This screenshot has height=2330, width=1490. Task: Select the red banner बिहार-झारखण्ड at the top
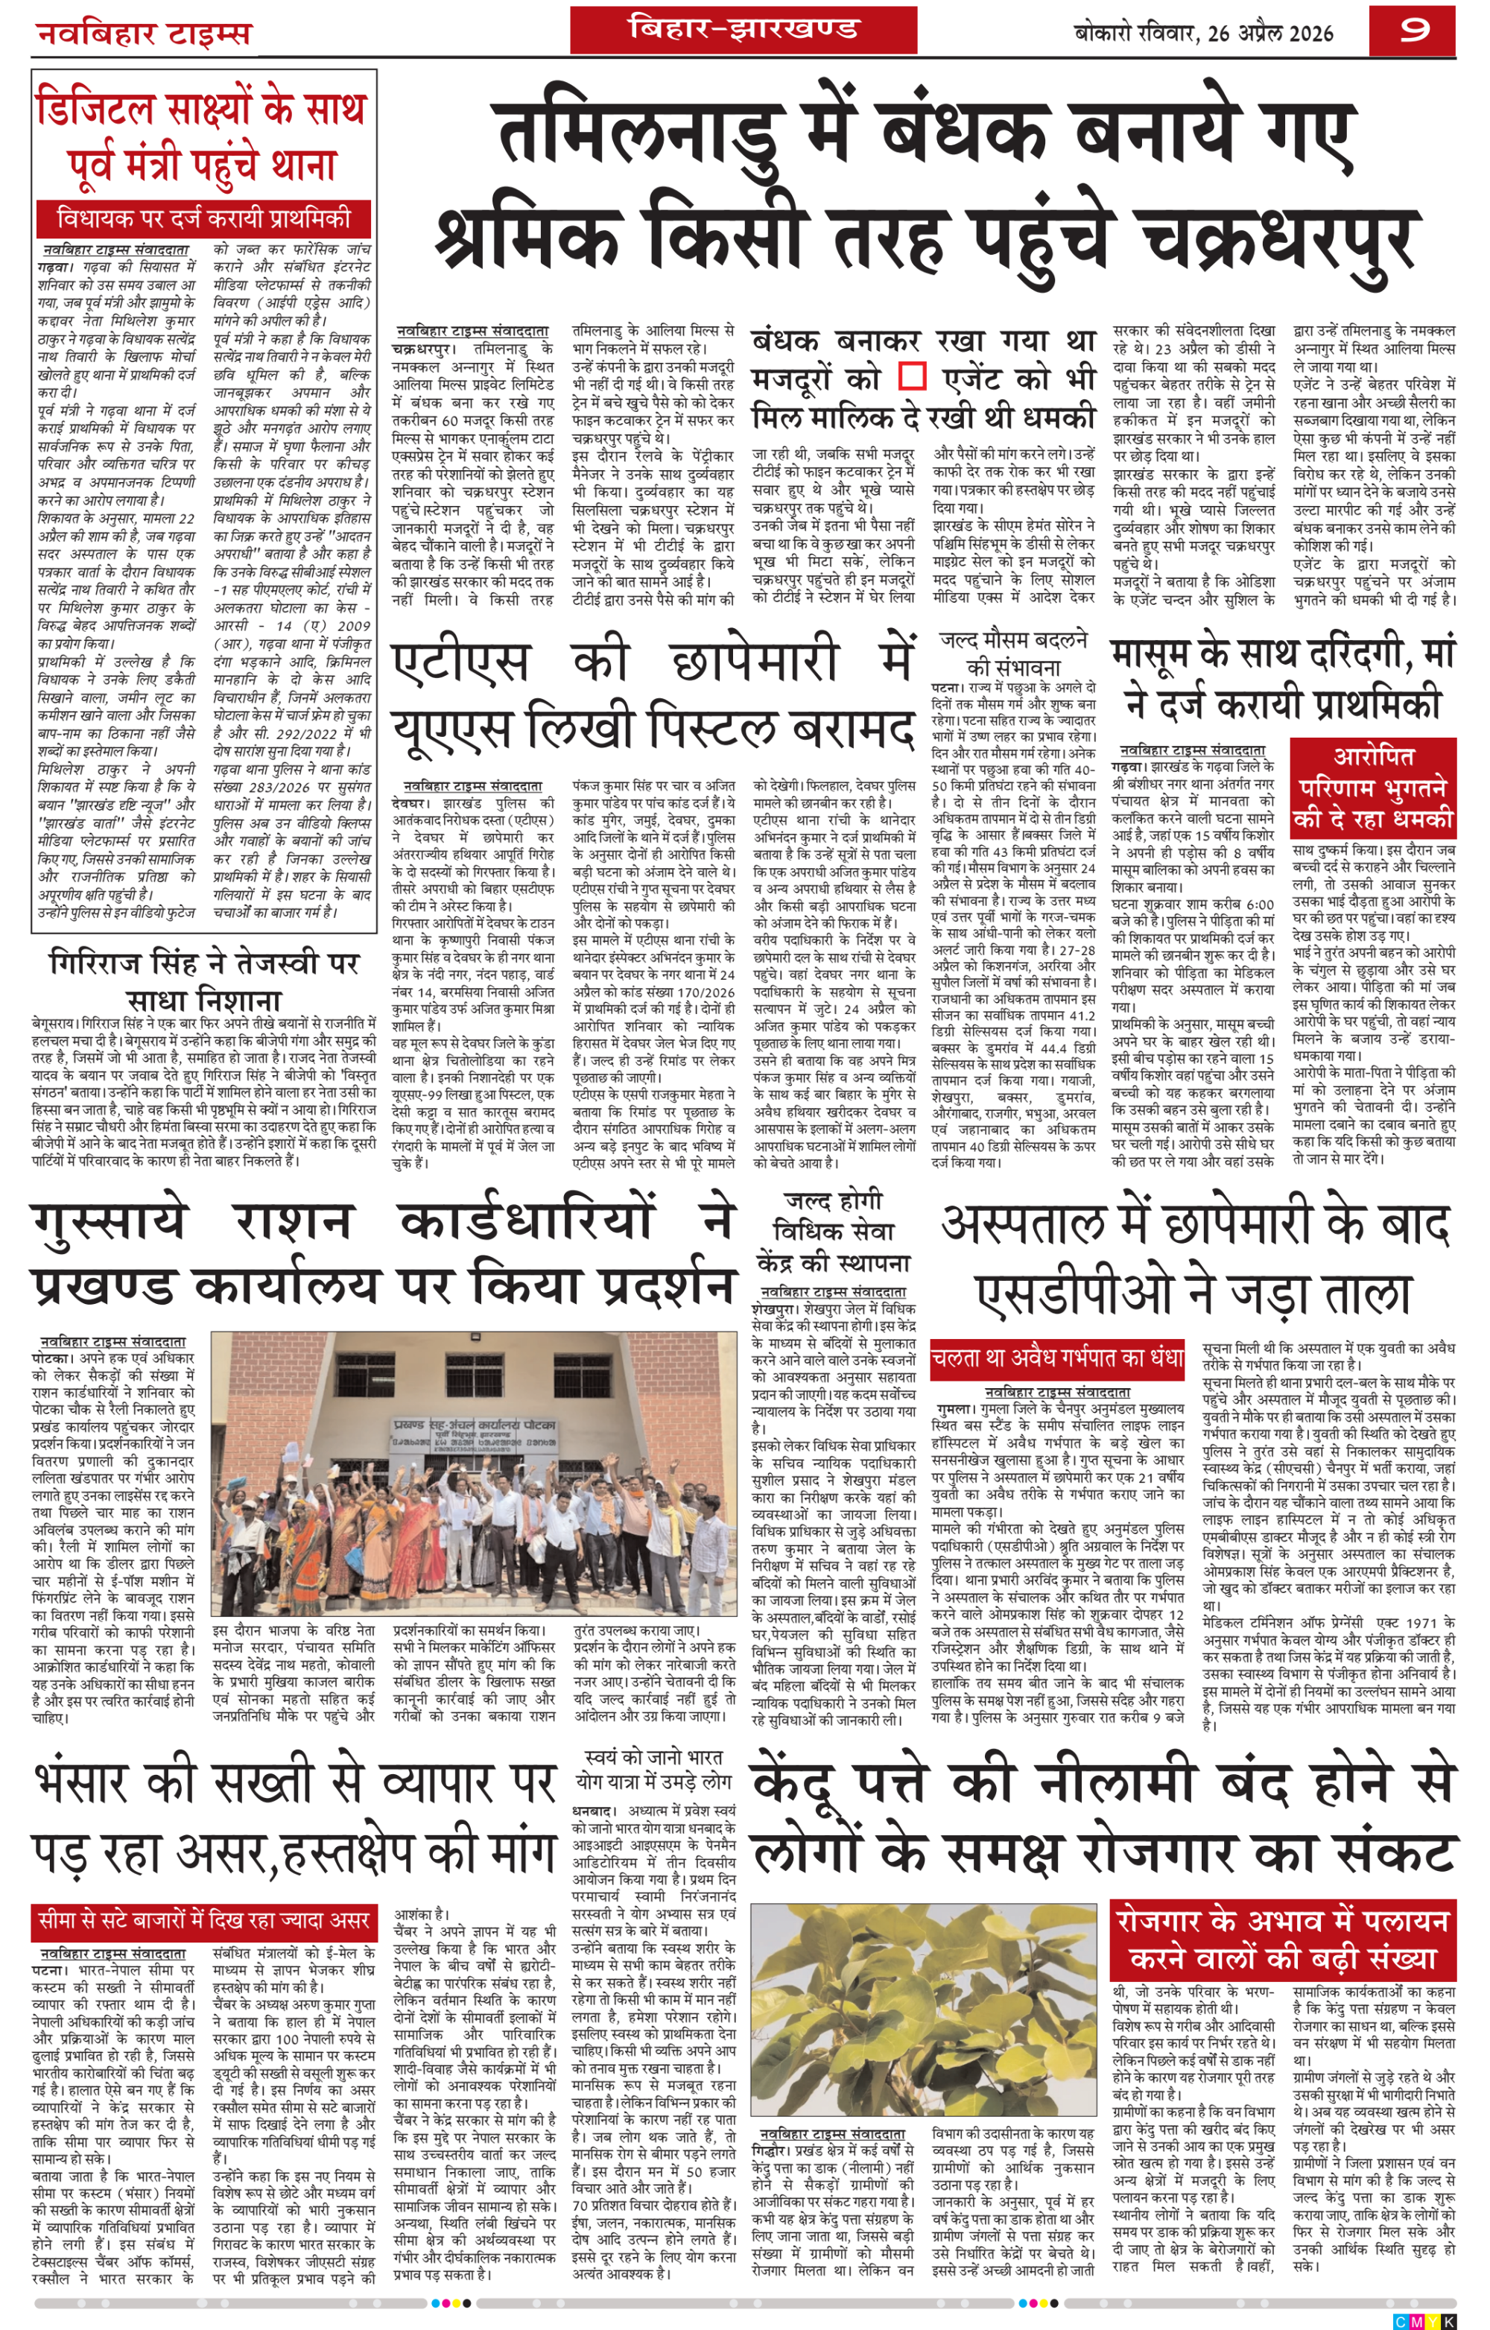tap(742, 29)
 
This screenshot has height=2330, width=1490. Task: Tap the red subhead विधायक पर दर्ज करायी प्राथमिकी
tap(203, 218)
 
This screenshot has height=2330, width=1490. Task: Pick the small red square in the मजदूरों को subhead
tap(911, 376)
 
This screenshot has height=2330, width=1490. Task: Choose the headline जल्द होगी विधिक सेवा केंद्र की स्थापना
tap(833, 1231)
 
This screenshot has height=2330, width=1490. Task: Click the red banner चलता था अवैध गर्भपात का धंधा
tap(1056, 1358)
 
